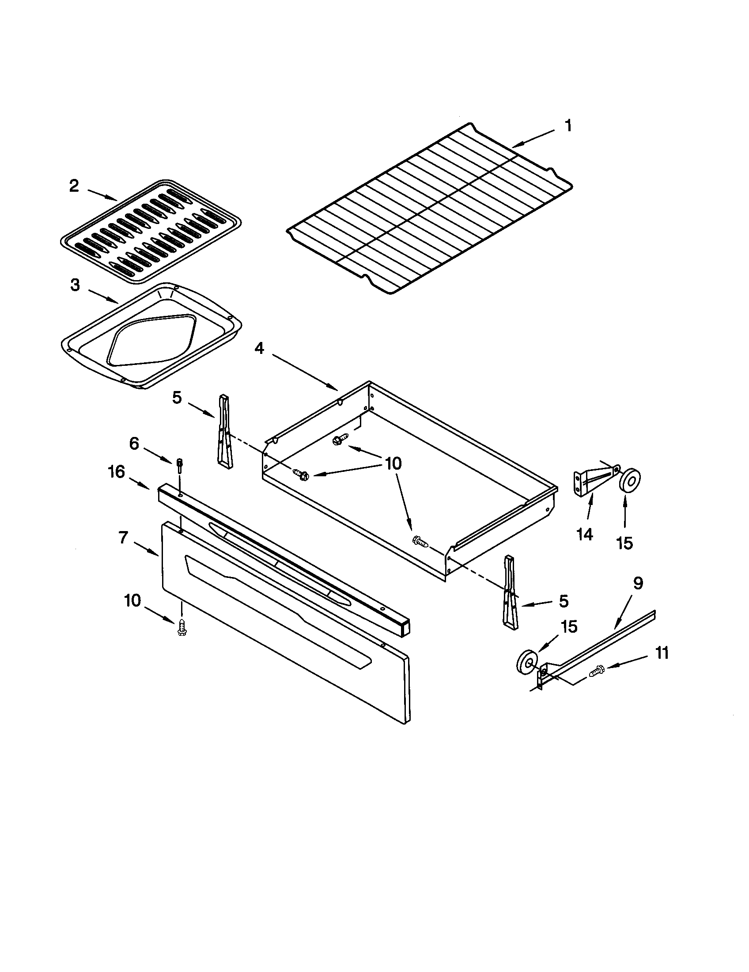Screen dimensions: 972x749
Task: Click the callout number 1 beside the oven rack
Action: click(568, 126)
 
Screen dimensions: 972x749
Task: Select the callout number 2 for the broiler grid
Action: click(74, 186)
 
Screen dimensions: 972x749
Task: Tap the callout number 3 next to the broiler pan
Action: click(75, 285)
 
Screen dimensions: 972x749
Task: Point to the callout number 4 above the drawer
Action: click(259, 349)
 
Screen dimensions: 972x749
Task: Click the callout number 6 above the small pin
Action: click(134, 443)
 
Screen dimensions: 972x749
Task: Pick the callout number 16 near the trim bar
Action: click(116, 472)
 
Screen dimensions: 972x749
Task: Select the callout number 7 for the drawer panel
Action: click(123, 538)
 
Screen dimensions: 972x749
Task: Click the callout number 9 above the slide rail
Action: click(638, 584)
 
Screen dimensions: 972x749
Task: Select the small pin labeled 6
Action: click(179, 466)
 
